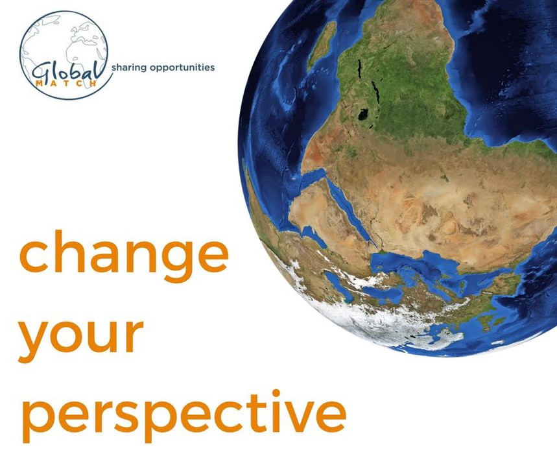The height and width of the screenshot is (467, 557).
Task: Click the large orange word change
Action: (124, 256)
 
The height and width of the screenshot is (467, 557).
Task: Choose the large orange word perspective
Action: (184, 415)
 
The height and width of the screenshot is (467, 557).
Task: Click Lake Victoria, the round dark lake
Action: (363, 115)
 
